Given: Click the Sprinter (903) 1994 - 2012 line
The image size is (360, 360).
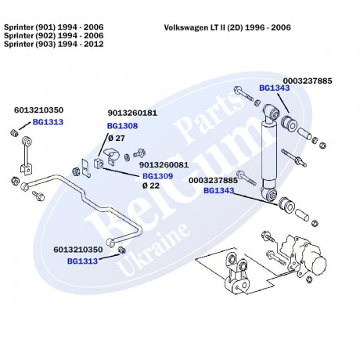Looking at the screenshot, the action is click(54, 44).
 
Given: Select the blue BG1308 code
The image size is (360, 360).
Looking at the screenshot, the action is click(122, 126).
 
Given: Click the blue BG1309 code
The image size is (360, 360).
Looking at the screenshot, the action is click(157, 176).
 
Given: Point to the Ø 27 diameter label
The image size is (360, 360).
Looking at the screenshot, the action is click(117, 138).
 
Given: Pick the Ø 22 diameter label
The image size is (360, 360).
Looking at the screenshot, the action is click(151, 185).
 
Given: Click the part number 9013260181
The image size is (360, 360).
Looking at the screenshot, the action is click(132, 113).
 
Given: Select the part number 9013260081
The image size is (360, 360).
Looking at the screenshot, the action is click(164, 165).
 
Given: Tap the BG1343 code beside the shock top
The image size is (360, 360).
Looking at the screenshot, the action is click(275, 88).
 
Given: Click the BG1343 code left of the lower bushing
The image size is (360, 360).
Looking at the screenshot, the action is click(219, 191).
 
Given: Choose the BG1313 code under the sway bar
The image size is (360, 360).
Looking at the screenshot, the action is click(82, 261).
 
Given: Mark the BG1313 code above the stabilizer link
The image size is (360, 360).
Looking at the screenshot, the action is click(48, 122).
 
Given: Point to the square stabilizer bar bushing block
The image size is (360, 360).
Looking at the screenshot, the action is click(99, 163).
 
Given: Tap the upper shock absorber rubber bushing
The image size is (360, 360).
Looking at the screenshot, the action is click(289, 123).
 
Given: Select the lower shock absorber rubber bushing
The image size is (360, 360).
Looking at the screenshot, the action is click(286, 205).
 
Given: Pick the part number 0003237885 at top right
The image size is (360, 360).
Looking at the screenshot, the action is click(308, 81).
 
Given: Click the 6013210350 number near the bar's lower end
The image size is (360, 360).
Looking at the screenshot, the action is click(78, 250).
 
